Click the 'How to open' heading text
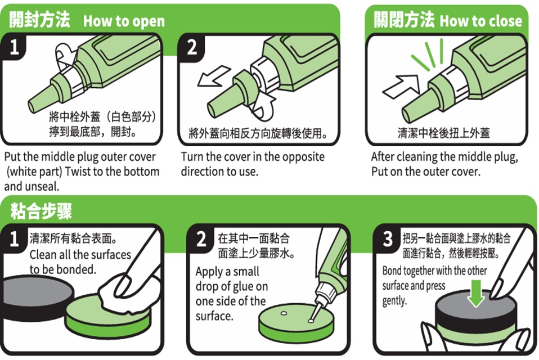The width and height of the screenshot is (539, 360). click(x=124, y=21)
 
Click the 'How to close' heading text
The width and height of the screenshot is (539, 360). click(x=480, y=21)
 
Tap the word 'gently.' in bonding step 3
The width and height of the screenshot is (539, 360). click(x=394, y=301)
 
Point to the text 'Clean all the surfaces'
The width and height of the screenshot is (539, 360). click(x=79, y=254)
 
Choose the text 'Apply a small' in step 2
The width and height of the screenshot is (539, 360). click(x=227, y=272)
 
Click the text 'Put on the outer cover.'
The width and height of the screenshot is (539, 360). click(x=425, y=171)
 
